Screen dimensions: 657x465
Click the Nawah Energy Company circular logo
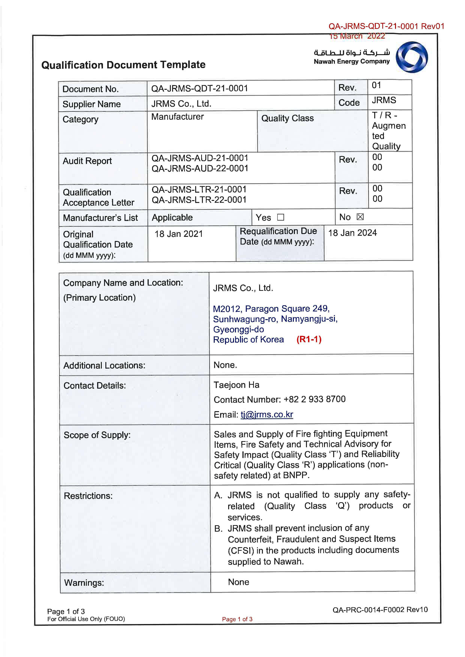[412, 57]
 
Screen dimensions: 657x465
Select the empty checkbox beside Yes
[281, 218]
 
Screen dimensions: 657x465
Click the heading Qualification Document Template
[123, 65]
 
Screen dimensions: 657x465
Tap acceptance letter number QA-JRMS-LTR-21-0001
[199, 189]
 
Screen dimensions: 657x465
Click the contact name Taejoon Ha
[236, 385]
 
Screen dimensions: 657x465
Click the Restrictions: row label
[88, 496]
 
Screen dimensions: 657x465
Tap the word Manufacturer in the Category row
[178, 117]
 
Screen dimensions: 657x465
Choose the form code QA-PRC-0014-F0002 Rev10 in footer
[380, 610]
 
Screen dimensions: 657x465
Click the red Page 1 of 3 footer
[237, 619]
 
